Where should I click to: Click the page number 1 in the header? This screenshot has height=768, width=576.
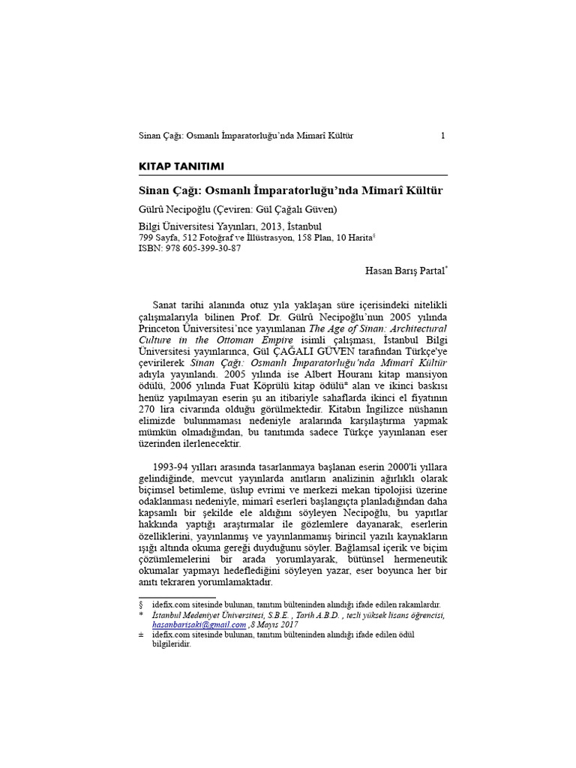click(443, 136)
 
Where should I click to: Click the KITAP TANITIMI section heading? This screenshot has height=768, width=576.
click(181, 166)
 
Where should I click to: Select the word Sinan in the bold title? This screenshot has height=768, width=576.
click(156, 191)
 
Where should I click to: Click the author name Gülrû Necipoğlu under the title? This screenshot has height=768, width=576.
click(175, 209)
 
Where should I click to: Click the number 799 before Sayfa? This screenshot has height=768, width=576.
click(148, 237)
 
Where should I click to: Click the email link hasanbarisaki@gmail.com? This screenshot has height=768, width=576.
click(199, 624)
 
